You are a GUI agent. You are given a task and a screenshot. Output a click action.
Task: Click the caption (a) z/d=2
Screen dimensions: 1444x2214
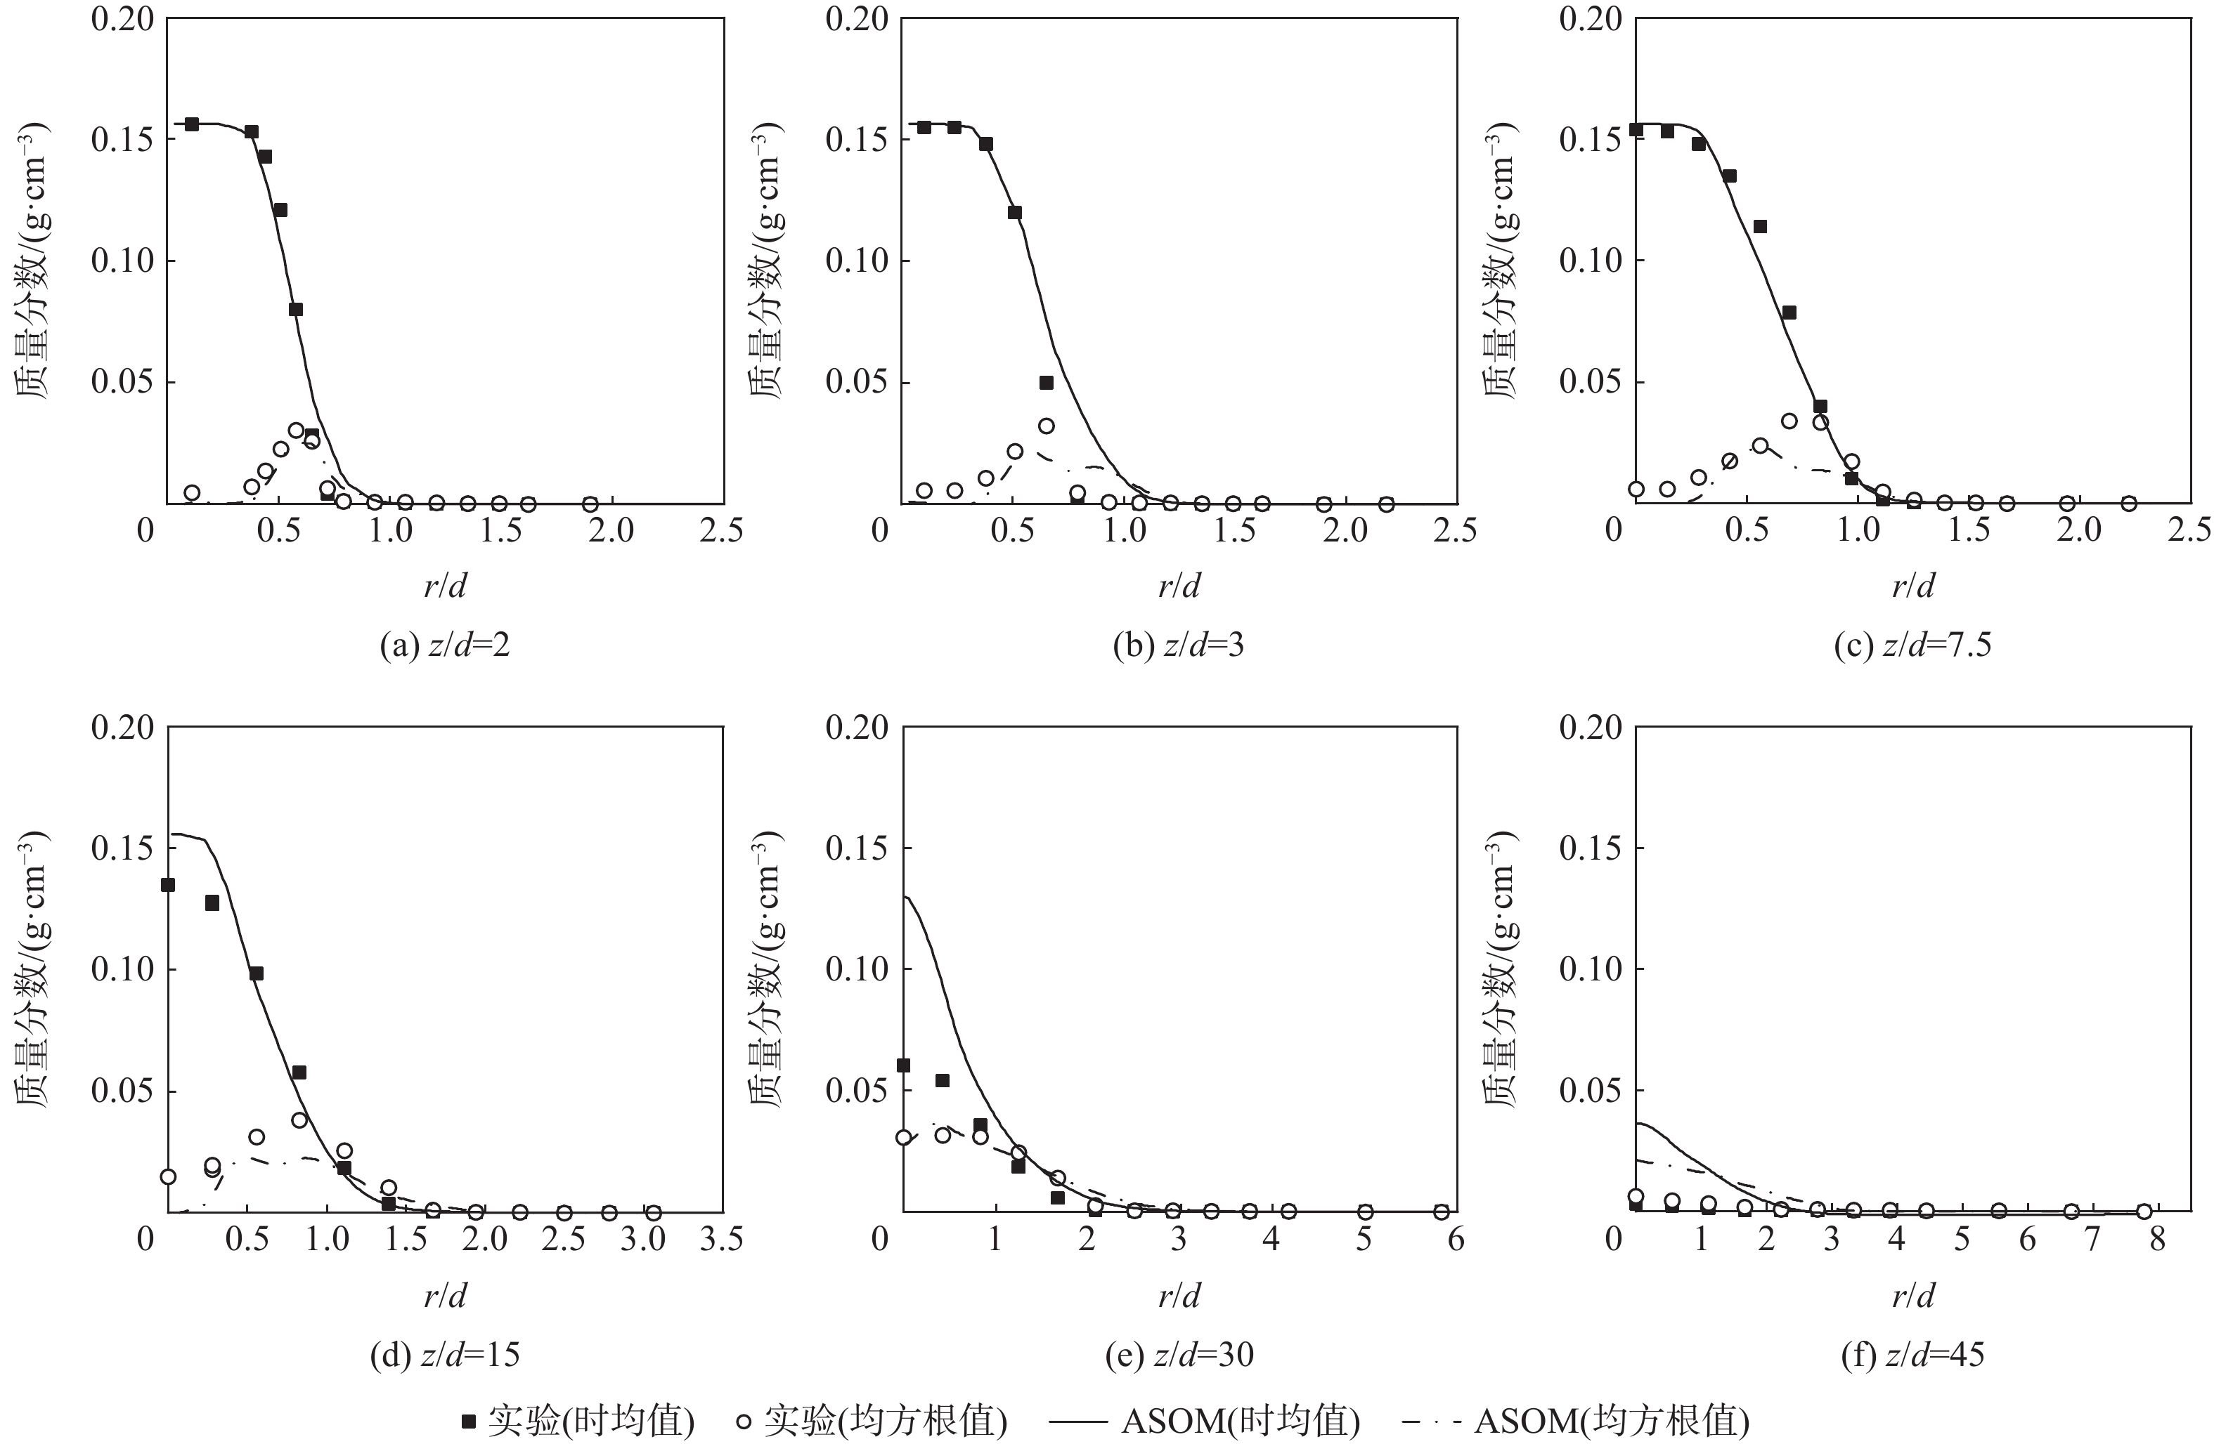445,645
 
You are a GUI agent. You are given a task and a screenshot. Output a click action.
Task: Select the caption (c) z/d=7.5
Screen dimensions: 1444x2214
1912,645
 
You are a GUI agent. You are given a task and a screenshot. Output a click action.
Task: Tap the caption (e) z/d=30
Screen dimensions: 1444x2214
1179,1355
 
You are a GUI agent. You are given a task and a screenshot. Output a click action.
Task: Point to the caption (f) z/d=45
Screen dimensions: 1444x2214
1912,1355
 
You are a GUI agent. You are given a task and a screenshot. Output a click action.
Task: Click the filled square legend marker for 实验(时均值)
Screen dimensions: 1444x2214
469,1422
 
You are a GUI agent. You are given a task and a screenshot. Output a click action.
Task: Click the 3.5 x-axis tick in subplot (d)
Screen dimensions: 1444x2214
722,1240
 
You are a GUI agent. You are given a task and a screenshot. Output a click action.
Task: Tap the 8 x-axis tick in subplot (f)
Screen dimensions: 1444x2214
2156,1240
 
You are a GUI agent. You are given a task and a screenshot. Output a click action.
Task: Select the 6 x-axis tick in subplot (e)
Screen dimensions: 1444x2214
1456,1240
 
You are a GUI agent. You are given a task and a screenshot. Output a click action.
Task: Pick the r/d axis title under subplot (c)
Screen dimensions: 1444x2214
1912,586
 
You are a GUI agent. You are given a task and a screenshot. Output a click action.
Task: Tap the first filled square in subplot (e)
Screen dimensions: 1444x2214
903,1065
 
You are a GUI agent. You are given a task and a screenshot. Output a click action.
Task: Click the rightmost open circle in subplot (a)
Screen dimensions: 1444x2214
590,504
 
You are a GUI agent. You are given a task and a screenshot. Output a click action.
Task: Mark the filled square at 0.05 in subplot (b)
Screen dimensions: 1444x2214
1046,383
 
